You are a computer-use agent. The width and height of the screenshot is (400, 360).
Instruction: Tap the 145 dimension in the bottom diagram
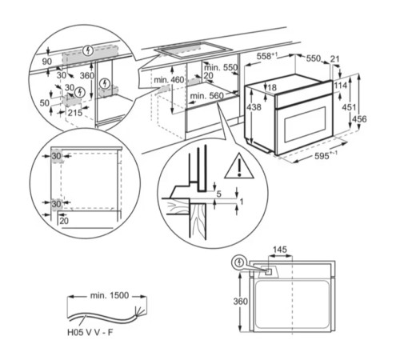[278, 250]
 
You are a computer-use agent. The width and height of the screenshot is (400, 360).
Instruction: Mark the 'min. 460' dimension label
[169, 81]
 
